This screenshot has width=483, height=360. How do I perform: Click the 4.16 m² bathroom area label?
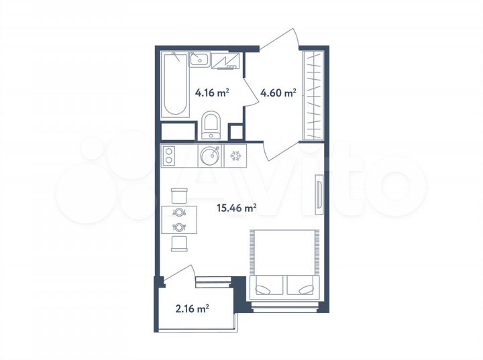point(212,93)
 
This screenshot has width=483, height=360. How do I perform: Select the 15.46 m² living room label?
point(236,208)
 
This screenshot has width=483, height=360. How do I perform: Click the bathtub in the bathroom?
point(174,85)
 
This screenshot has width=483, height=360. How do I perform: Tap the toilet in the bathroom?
point(211,125)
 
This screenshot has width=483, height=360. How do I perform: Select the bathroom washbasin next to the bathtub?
point(199,61)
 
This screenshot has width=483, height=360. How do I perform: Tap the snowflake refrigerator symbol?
point(236,157)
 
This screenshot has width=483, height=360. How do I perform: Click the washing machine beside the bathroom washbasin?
point(226,61)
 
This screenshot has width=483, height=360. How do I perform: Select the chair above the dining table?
point(179,195)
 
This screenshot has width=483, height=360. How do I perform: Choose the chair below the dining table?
point(179,242)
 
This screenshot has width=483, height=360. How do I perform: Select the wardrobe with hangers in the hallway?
point(313,95)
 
